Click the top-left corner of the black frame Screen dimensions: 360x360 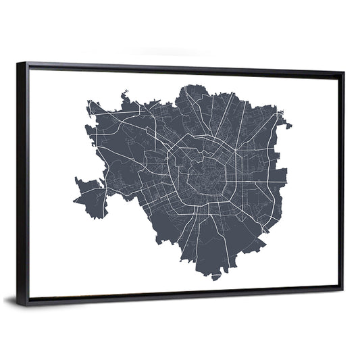18,63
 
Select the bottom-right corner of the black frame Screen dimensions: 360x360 342,289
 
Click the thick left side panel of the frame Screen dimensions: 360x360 23,182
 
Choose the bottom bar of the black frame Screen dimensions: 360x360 182,297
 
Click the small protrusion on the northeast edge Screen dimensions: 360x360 286,124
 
